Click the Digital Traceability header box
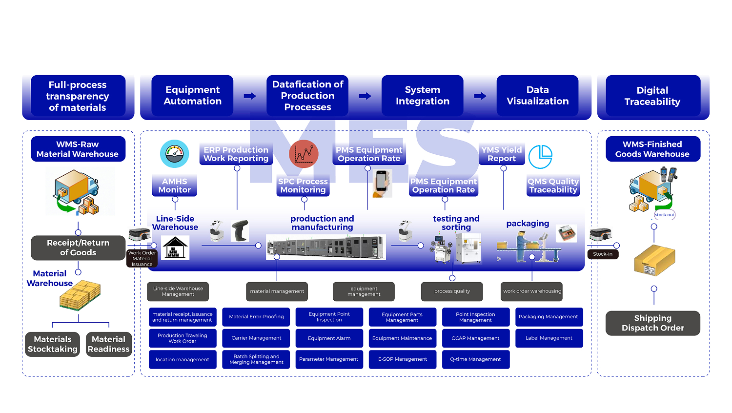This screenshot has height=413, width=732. [x=653, y=96]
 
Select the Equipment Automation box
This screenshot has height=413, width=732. [x=192, y=96]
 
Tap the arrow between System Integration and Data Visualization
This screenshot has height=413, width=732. [x=480, y=96]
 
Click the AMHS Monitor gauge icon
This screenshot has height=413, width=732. [x=175, y=154]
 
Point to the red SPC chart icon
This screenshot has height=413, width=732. [x=304, y=154]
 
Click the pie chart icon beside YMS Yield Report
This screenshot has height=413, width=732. [x=541, y=157]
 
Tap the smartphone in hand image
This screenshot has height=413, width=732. [x=382, y=184]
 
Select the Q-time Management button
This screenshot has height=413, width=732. [x=476, y=359]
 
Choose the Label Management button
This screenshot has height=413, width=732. [x=549, y=338]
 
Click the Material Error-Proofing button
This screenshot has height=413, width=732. [x=256, y=317]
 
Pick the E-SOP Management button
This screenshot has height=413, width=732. [x=403, y=359]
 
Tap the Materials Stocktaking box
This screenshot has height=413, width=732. [x=53, y=344]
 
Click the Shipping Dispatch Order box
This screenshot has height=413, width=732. [x=653, y=323]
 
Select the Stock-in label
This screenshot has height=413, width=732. [x=603, y=254]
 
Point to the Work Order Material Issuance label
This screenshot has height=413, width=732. [x=142, y=259]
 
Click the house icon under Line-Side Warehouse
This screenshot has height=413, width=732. [x=175, y=248]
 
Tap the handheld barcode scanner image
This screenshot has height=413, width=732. [x=240, y=230]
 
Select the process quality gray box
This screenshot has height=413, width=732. [x=452, y=291]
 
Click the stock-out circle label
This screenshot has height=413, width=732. [x=664, y=215]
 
